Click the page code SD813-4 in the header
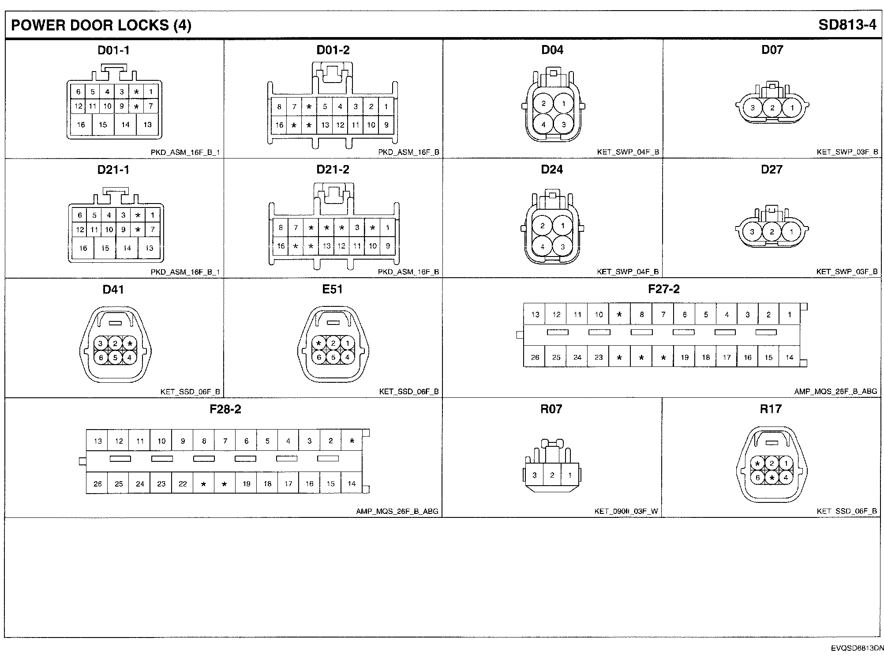[x=847, y=25]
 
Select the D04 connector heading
[x=552, y=50]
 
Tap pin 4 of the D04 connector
[x=543, y=124]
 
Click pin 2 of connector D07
[x=772, y=107]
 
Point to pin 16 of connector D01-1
[x=81, y=124]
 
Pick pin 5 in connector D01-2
[x=325, y=106]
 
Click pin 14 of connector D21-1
[x=127, y=248]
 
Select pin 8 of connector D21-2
[x=281, y=228]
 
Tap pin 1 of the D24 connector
[x=562, y=226]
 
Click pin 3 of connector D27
[x=752, y=232]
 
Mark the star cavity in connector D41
[x=130, y=343]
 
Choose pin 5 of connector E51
[x=333, y=357]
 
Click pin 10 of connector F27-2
[x=599, y=314]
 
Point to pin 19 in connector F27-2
[x=685, y=357]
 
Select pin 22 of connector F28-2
[x=183, y=483]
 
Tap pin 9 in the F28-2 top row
[x=183, y=441]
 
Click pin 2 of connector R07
[x=552, y=475]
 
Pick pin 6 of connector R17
[x=757, y=477]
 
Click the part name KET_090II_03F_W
[x=626, y=511]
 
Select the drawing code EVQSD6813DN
[x=858, y=649]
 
